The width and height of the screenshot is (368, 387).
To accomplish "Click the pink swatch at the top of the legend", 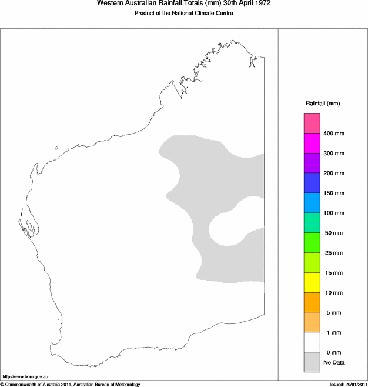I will click(x=312, y=123).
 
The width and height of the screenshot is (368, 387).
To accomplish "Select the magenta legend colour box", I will click(x=312, y=143).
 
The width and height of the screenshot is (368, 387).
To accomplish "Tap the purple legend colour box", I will click(x=312, y=163).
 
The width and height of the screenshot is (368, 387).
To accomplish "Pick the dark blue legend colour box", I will click(x=312, y=183).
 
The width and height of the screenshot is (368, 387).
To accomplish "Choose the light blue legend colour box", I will click(x=312, y=203).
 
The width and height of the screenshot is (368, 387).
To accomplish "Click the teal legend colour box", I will click(x=312, y=223).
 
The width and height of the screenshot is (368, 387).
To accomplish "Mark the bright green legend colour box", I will click(x=312, y=243).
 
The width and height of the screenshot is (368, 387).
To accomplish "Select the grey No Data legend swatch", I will click(x=312, y=362).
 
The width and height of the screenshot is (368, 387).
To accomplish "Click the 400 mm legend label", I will click(x=333, y=134).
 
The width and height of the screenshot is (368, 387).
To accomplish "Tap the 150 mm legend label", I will click(x=333, y=193).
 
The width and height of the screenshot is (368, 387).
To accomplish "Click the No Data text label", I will click(x=334, y=362).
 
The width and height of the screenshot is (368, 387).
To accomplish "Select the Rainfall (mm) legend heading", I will click(x=322, y=104).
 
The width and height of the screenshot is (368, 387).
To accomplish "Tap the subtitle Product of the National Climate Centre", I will click(x=180, y=13).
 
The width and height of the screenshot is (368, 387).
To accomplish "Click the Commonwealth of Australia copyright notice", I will click(x=71, y=384).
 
